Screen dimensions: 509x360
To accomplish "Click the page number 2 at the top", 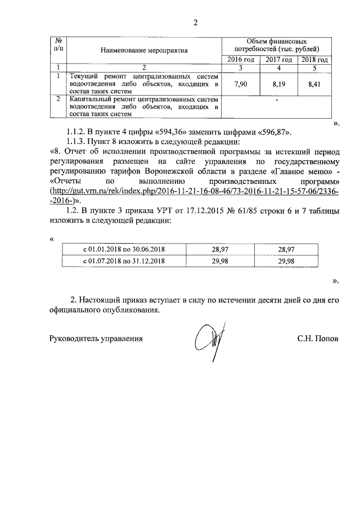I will [196, 23].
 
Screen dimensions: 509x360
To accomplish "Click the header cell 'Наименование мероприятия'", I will [143, 51].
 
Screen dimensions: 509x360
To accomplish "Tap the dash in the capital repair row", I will [278, 102].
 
